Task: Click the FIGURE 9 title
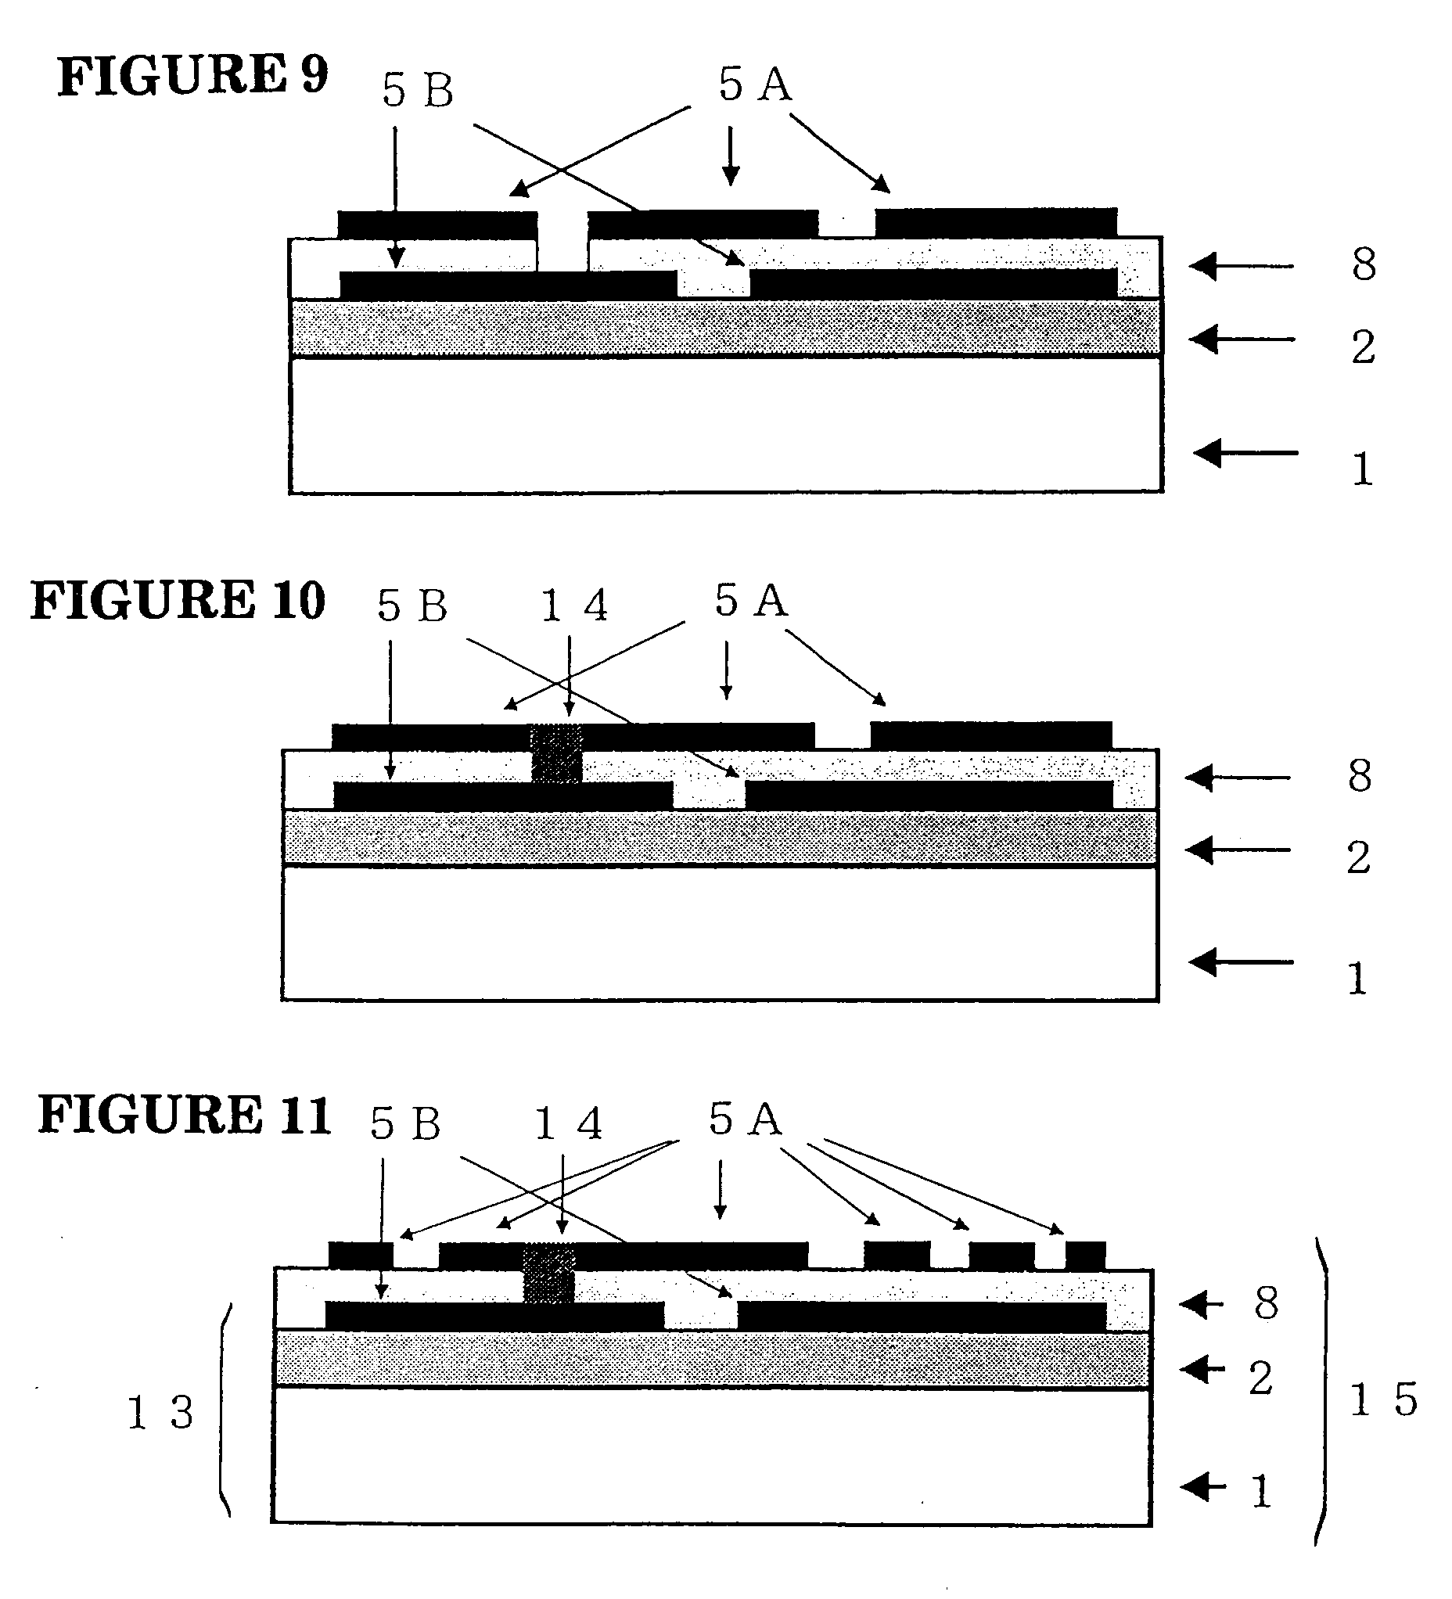coord(192,77)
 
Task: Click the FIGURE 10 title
coord(178,601)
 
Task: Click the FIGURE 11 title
coord(184,1116)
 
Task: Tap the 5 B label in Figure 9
coord(417,91)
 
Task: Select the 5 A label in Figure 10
coord(751,601)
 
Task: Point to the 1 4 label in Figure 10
coord(574,607)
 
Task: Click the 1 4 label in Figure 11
coord(569,1125)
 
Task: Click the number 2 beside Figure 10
coord(1358,858)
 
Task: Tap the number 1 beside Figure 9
coord(1361,469)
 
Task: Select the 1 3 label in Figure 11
coord(160,1413)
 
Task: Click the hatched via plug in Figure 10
coord(556,754)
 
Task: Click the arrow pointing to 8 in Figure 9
coord(1242,267)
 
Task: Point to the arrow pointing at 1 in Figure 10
coord(1240,963)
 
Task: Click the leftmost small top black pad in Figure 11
coord(360,1256)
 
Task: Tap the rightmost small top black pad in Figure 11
coord(1085,1256)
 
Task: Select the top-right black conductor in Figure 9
coord(996,222)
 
